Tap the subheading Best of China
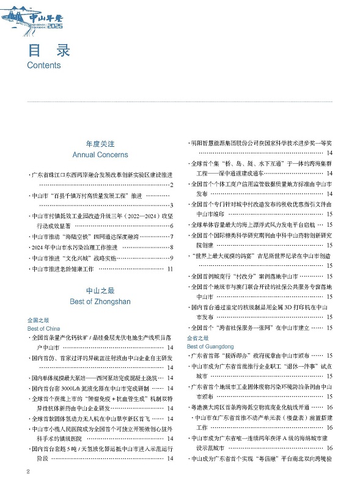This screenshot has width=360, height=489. click(x=42, y=329)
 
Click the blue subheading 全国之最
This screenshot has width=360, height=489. click(x=38, y=320)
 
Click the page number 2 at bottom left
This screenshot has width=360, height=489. click(x=29, y=472)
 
